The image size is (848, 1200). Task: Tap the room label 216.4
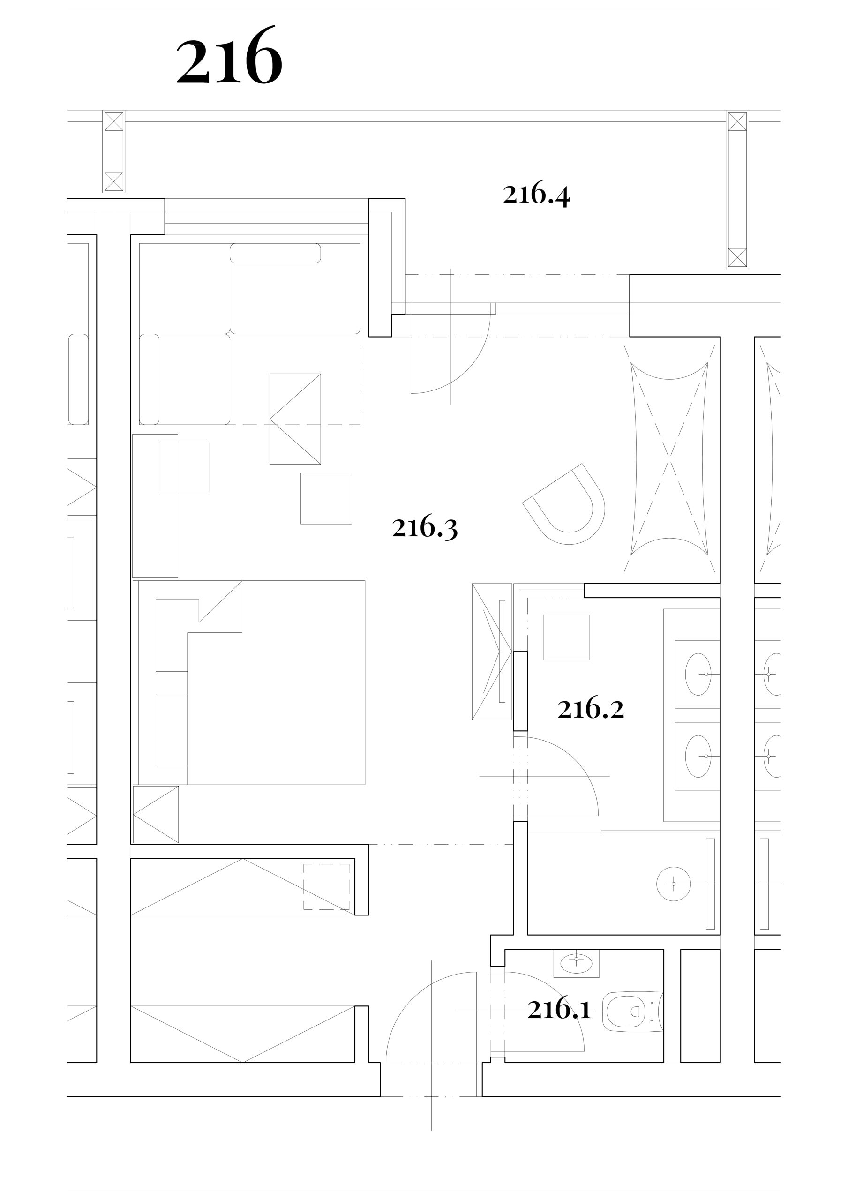pyautogui.click(x=536, y=195)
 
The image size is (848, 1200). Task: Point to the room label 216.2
pyautogui.click(x=591, y=709)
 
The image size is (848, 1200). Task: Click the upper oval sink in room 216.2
pyautogui.click(x=698, y=674)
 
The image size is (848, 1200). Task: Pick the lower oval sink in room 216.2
pyautogui.click(x=698, y=756)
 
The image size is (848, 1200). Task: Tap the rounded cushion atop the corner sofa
pyautogui.click(x=276, y=254)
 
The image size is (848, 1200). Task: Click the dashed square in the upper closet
pyautogui.click(x=326, y=887)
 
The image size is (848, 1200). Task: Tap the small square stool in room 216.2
pyautogui.click(x=566, y=637)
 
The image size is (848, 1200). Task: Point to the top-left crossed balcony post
pyautogui.click(x=113, y=151)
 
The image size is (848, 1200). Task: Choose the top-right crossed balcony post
pyautogui.click(x=737, y=190)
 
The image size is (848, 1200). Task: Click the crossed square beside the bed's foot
pyautogui.click(x=156, y=815)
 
